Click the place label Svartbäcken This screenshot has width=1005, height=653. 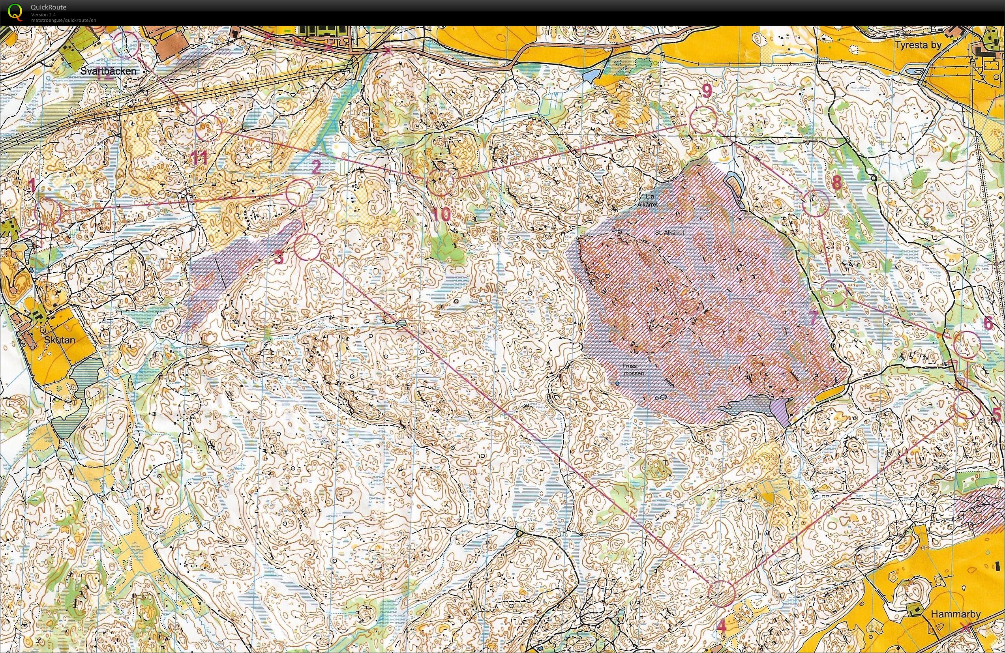click(x=109, y=71)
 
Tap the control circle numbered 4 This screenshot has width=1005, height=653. click(x=721, y=593)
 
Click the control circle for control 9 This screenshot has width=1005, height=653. click(x=703, y=120)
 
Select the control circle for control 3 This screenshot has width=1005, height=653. click(x=307, y=247)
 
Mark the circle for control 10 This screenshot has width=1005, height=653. click(x=440, y=182)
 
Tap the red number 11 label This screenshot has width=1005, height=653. click(x=199, y=159)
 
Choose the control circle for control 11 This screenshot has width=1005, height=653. click(x=208, y=127)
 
